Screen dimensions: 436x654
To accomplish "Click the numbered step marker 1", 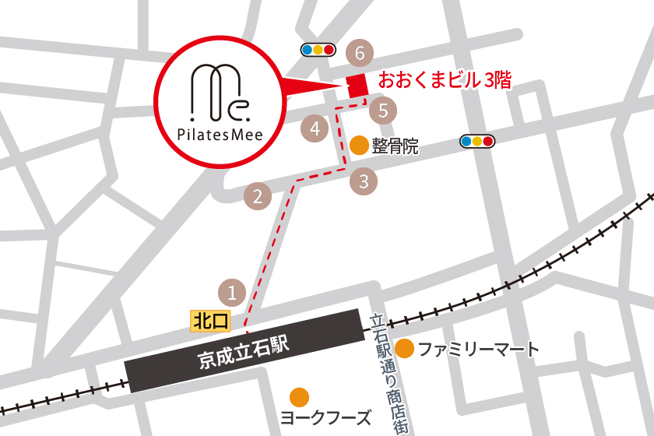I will pos(232,293).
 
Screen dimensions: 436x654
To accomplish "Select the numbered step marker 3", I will pos(364,182).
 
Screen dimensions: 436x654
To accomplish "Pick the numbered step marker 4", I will pos(315,128).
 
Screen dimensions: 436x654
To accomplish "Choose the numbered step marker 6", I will pos(359,54).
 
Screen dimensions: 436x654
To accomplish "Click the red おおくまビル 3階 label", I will pos(445,80).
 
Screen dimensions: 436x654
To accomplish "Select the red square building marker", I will pos(357,86).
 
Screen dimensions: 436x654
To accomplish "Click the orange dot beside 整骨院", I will pos(359,145).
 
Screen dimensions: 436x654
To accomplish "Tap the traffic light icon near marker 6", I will pos(318,50).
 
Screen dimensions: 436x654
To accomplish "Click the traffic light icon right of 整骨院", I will pos(477,141).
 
